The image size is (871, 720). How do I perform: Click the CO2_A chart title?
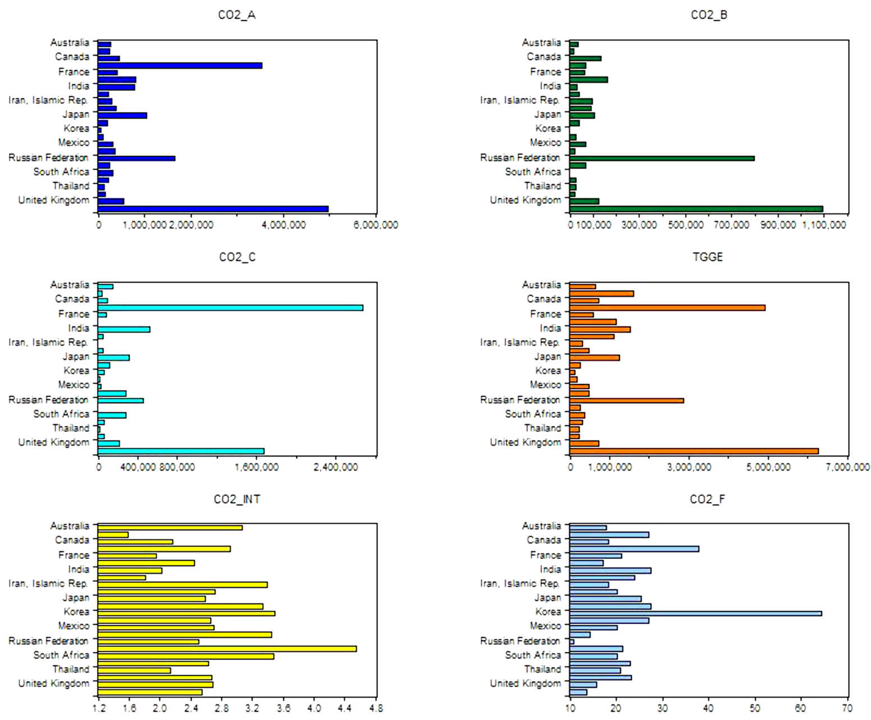coord(236,15)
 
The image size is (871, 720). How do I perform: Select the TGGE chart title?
coord(708,257)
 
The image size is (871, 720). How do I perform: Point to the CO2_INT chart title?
coord(236,499)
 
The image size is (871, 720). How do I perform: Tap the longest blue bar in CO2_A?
coord(213,209)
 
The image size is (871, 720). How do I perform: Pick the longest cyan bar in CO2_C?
coord(230,308)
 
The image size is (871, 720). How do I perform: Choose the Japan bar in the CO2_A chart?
coord(122,115)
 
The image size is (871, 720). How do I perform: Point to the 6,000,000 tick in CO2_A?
coord(376,225)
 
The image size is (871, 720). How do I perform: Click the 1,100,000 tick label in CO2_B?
coord(824,225)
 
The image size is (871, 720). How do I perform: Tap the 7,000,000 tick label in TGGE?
coord(847,467)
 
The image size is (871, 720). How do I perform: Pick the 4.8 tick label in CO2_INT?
coord(376,708)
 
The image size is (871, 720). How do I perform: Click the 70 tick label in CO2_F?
coord(847,708)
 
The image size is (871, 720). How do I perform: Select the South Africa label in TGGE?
coord(532,414)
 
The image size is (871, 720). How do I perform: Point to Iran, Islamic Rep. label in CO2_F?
coord(520,584)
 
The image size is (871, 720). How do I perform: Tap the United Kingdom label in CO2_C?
coord(53,442)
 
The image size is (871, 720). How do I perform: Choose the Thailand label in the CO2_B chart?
coord(542,186)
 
